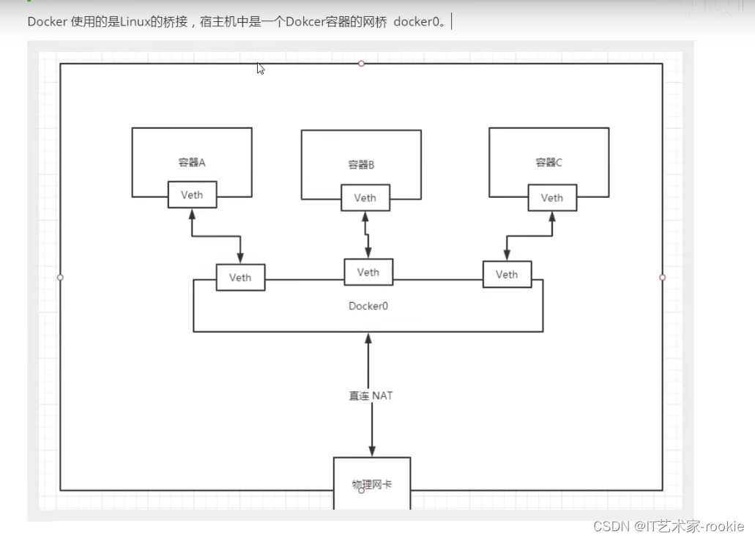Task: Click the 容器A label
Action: pyautogui.click(x=191, y=163)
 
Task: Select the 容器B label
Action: pyautogui.click(x=361, y=165)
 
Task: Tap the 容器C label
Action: pyautogui.click(x=548, y=163)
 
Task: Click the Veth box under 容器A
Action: pyautogui.click(x=192, y=195)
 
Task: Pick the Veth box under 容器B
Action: pyautogui.click(x=365, y=198)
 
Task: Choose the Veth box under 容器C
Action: pyautogui.click(x=551, y=198)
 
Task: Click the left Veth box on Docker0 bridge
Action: pyautogui.click(x=240, y=277)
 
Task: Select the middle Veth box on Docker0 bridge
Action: pyautogui.click(x=368, y=272)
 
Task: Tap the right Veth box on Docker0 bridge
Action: pyautogui.click(x=507, y=274)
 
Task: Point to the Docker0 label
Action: pyautogui.click(x=368, y=306)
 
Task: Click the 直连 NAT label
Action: pyautogui.click(x=371, y=396)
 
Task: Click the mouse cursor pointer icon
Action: pyautogui.click(x=260, y=68)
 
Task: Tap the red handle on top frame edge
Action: pyautogui.click(x=361, y=64)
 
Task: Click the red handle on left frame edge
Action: pyautogui.click(x=60, y=277)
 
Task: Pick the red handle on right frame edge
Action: pyautogui.click(x=662, y=277)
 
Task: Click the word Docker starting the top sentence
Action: pyautogui.click(x=47, y=21)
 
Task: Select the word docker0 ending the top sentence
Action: pyautogui.click(x=418, y=21)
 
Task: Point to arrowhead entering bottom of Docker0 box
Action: pyautogui.click(x=368, y=339)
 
